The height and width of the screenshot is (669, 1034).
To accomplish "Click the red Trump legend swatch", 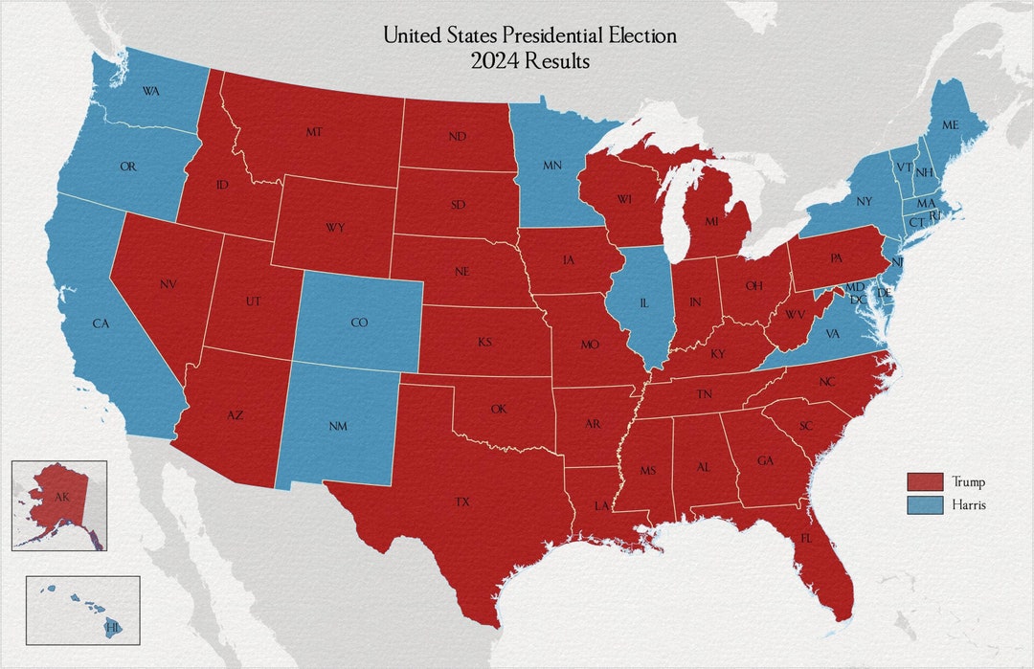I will tap(925, 481).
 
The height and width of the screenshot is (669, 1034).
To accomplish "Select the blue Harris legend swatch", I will tap(925, 503).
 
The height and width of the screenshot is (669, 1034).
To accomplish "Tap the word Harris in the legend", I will tap(969, 504).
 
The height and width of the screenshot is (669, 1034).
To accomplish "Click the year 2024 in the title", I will tap(492, 61).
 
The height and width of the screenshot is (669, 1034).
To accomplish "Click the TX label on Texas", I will tap(462, 502).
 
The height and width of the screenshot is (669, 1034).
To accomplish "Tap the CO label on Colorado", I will tap(359, 323).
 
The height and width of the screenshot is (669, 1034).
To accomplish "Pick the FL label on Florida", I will tap(806, 539).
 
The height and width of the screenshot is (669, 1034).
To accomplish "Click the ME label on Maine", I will tap(949, 125).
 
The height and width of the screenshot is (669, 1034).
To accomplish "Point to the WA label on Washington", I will tap(150, 91).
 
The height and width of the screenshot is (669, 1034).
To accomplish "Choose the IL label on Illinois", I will tap(643, 302).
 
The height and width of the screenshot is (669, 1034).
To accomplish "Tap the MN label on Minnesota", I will tap(552, 166).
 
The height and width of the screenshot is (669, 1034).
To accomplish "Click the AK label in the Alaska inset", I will tap(62, 498).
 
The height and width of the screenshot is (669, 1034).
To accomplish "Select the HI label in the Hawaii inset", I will tap(112, 627).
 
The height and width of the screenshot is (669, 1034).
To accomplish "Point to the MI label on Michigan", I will tap(711, 221).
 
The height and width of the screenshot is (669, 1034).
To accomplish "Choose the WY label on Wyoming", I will tap(335, 227).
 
